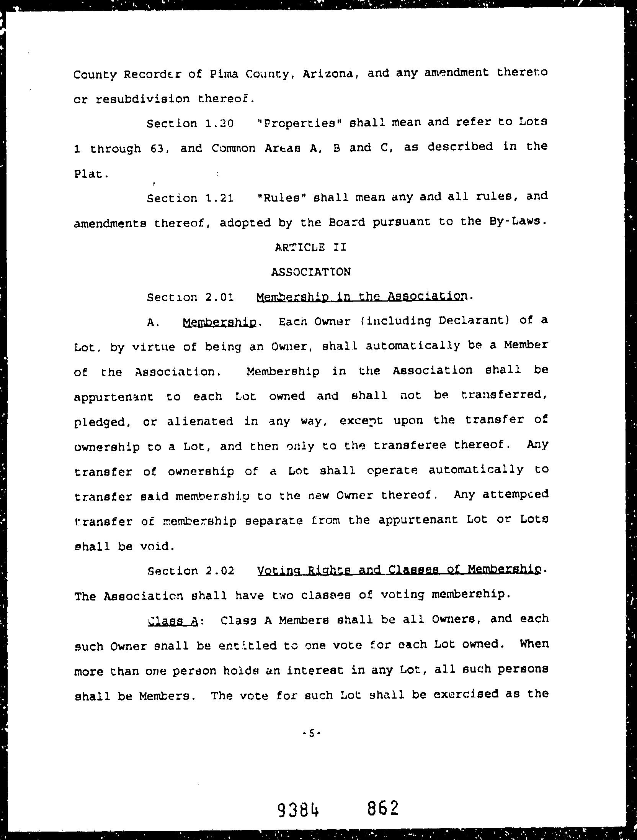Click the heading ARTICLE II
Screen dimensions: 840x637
[310, 248]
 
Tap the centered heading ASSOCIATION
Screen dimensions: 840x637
[310, 272]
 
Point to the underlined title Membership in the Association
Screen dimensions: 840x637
[362, 297]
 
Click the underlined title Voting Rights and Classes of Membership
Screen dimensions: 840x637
[400, 571]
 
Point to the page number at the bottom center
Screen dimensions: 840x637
[311, 734]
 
